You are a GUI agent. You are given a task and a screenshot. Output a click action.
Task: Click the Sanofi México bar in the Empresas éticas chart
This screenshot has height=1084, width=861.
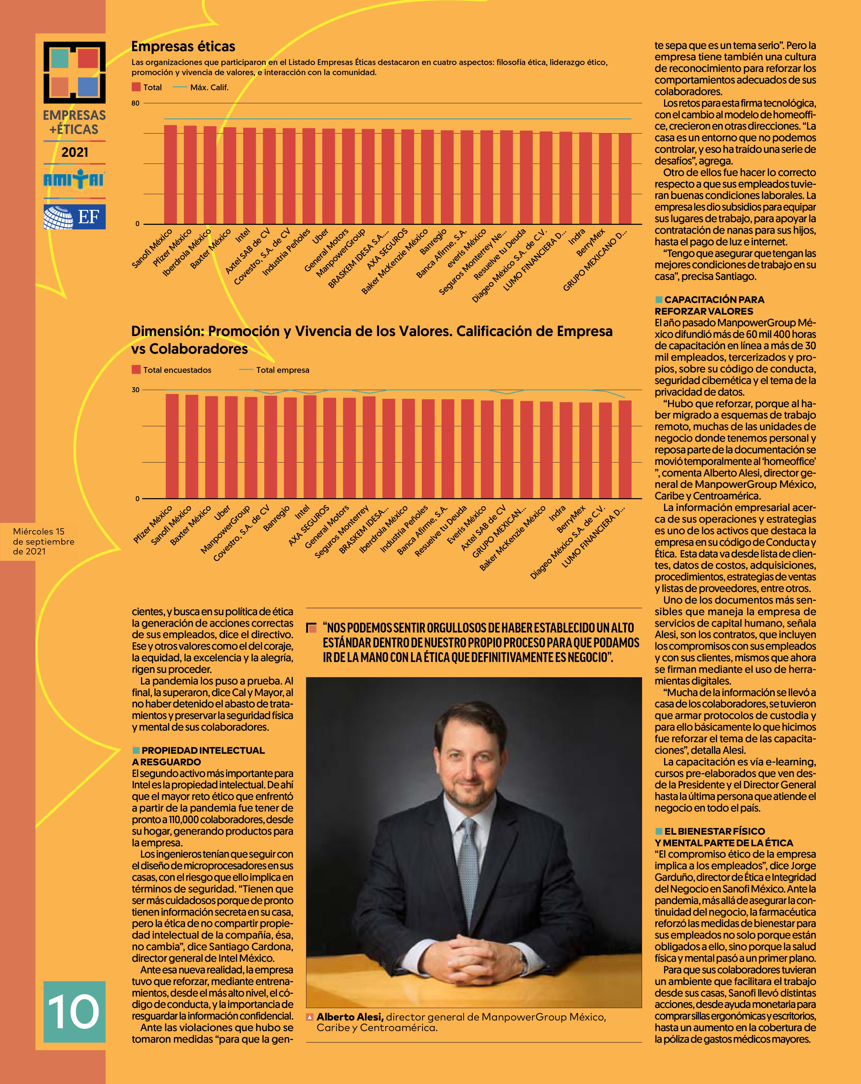(x=170, y=174)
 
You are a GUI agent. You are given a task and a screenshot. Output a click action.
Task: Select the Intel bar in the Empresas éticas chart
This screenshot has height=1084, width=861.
(x=249, y=176)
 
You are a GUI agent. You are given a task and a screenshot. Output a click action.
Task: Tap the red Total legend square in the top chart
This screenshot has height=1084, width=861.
(x=136, y=87)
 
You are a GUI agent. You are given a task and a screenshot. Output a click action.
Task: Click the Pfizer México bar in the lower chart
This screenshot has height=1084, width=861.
(x=172, y=446)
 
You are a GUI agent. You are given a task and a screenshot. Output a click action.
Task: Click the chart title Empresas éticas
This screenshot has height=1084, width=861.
(x=183, y=47)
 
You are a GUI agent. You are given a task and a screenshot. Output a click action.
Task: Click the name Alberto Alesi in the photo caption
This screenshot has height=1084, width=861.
(x=350, y=1017)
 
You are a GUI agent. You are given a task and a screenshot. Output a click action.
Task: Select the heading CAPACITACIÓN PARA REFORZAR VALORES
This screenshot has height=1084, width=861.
(x=709, y=305)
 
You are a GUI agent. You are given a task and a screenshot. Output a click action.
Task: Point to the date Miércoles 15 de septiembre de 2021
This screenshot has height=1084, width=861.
(x=44, y=541)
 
